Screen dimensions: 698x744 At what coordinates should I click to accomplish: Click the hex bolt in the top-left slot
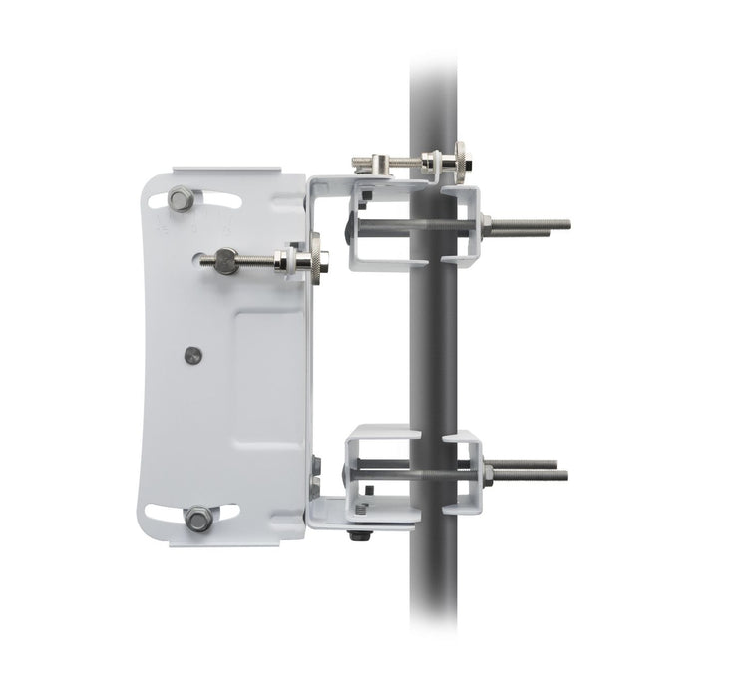pyautogui.click(x=181, y=199)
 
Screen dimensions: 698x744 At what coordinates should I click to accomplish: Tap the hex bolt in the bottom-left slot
pyautogui.click(x=198, y=518)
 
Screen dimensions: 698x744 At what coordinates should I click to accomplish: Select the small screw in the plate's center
pyautogui.click(x=193, y=354)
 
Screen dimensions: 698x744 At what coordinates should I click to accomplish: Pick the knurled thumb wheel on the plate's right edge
pyautogui.click(x=314, y=261)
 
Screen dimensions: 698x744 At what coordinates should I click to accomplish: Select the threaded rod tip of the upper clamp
pyautogui.click(x=563, y=224)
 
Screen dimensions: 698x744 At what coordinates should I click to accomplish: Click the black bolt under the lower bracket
pyautogui.click(x=357, y=536)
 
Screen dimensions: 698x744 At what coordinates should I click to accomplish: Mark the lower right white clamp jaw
pyautogui.click(x=463, y=473)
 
